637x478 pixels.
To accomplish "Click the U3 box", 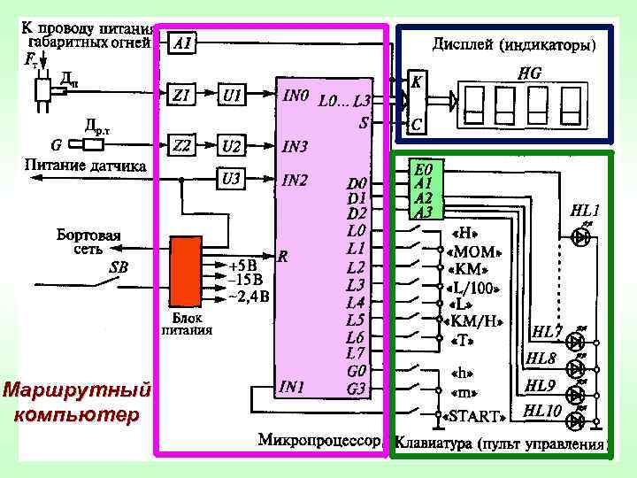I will click(x=232, y=179).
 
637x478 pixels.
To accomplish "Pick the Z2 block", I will click(x=183, y=144).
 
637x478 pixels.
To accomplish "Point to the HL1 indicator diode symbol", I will click(x=582, y=236).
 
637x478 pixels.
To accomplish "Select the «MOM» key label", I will click(x=474, y=251).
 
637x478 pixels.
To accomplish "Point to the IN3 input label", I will click(x=295, y=144).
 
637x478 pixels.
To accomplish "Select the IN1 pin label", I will click(x=293, y=387).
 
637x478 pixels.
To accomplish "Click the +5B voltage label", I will click(x=242, y=265).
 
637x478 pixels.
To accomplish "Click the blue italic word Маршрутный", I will click(x=76, y=389).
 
